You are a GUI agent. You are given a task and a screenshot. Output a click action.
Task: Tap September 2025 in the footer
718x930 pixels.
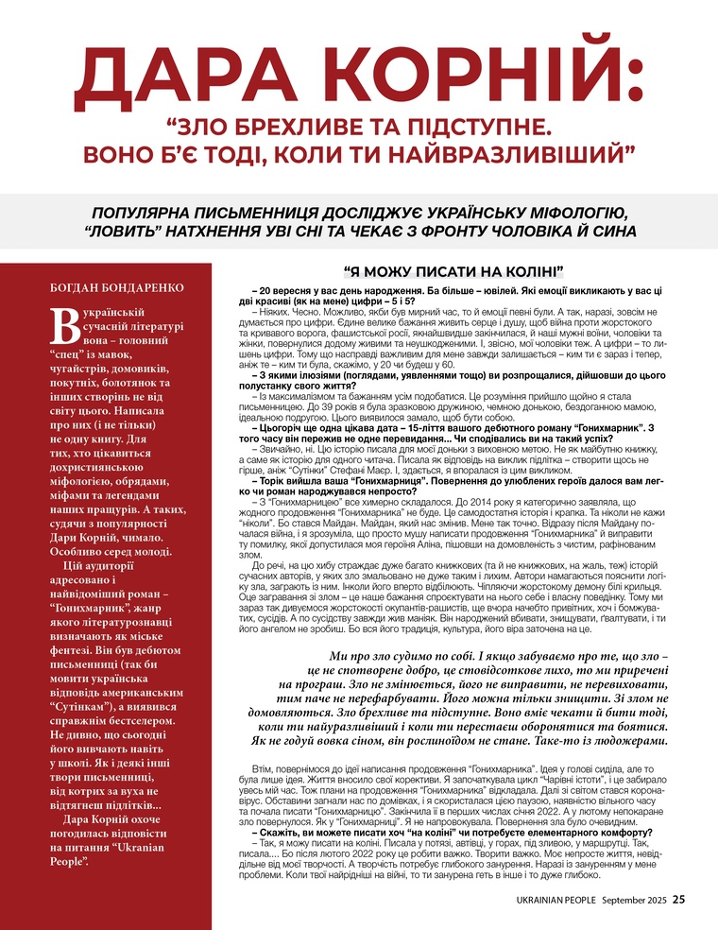(x=636, y=900)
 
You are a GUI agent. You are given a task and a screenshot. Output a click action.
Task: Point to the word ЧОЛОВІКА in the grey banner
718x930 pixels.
(x=532, y=232)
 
